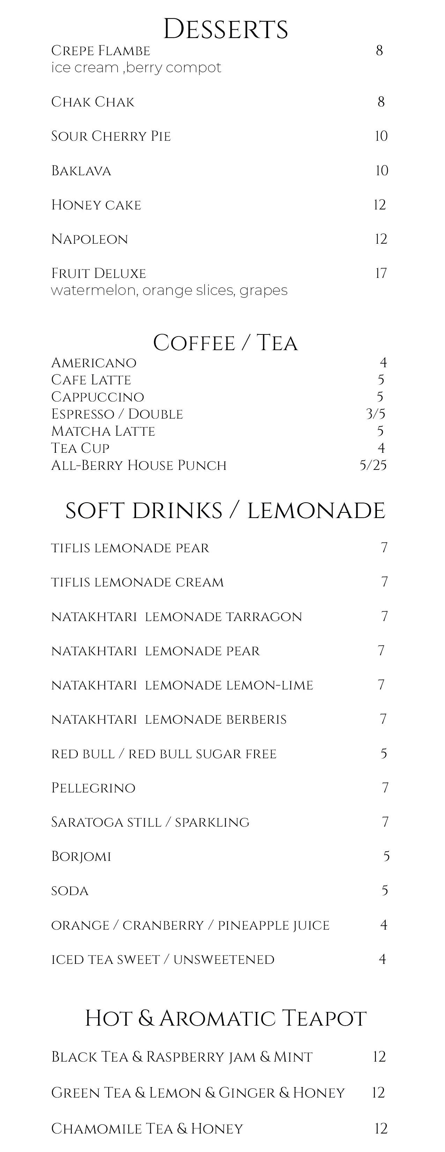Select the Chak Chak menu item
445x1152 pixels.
[x=92, y=102]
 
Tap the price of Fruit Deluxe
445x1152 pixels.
[x=380, y=273]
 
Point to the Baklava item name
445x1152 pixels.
[x=81, y=171]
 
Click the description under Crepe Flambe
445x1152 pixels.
[x=136, y=67]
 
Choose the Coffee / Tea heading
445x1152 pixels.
[x=225, y=343]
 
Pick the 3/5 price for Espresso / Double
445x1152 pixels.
[x=376, y=414]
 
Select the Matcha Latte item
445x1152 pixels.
[x=103, y=431]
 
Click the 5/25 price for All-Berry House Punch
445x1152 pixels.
[x=373, y=466]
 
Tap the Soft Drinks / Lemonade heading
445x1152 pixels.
[x=225, y=511]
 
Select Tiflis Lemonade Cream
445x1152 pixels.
[x=137, y=582]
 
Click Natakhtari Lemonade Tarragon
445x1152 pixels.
[x=177, y=617]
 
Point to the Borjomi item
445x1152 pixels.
[x=81, y=856]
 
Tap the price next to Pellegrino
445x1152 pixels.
[x=385, y=788]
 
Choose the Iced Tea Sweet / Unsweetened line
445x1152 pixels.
[x=163, y=959]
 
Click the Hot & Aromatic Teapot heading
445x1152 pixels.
[x=225, y=1018]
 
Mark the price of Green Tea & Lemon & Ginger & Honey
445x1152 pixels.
[x=378, y=1093]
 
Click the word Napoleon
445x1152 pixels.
[x=89, y=239]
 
